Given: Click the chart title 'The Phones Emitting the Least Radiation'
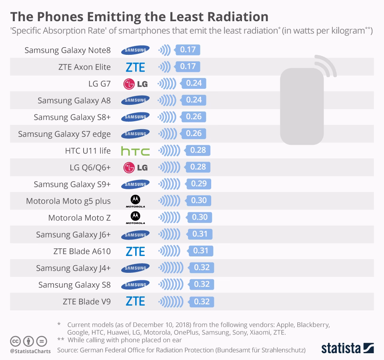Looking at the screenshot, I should click(x=139, y=16).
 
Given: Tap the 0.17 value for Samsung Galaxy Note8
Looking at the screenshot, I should click(x=188, y=50).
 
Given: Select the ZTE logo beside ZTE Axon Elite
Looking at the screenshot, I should click(x=135, y=67).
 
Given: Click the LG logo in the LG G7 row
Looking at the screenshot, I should click(x=135, y=84).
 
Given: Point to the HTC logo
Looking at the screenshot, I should click(x=135, y=151).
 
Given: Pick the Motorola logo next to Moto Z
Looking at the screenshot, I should click(x=135, y=218).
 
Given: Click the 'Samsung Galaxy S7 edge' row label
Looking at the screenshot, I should click(x=64, y=134).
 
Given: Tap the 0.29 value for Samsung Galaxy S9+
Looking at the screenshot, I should click(x=199, y=184).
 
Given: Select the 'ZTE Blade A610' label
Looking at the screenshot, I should click(x=82, y=251).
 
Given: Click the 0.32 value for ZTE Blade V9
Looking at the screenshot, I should click(x=202, y=302).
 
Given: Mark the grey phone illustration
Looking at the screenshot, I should click(x=302, y=106).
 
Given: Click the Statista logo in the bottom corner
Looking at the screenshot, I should click(x=348, y=348).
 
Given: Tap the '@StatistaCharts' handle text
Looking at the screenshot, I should click(x=30, y=351).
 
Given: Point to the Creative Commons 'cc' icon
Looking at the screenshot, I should click(x=16, y=341).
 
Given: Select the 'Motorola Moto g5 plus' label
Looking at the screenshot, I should click(x=68, y=201).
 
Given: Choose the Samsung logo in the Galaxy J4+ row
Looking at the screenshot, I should click(x=135, y=268).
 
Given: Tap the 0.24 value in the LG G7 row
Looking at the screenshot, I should click(x=194, y=84).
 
